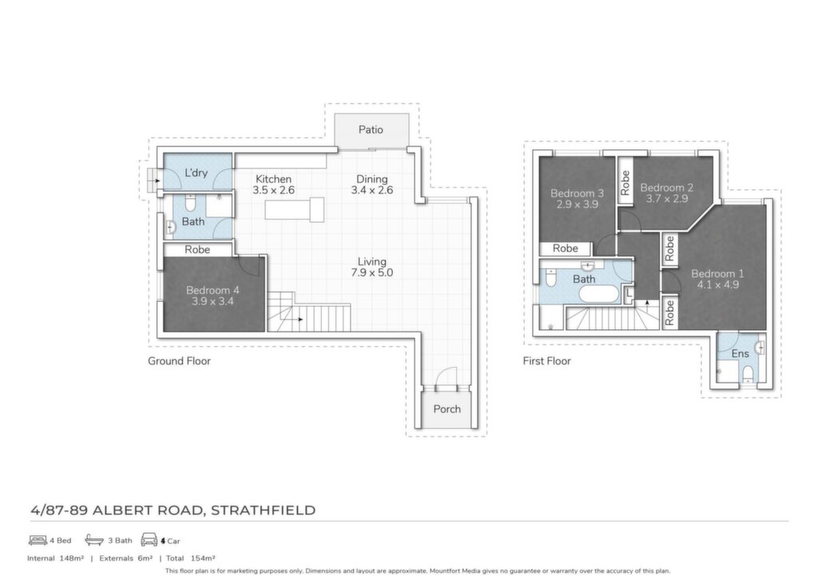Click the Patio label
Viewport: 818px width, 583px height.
pos(371,129)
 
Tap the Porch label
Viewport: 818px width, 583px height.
pos(447,409)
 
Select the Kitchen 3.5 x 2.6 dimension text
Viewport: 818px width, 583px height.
pos(273,190)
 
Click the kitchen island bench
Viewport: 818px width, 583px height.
pos(294,209)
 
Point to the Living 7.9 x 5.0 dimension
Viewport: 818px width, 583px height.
pos(372,272)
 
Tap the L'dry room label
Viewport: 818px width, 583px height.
pos(197,173)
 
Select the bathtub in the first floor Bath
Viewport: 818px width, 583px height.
pos(599,295)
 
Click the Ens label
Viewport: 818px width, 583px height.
pos(740,354)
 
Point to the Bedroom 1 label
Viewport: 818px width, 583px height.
pos(717,273)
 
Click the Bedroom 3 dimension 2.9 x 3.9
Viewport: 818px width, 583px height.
pos(577,204)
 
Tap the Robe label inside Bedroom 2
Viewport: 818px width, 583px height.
pos(625,183)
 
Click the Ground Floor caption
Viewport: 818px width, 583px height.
pos(179,361)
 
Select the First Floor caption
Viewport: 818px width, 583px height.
pos(546,361)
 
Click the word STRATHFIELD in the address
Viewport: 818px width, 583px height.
pos(263,510)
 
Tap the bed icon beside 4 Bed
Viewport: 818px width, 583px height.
pos(38,540)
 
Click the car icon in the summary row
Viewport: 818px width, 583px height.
pos(149,540)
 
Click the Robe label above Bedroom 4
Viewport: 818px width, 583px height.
pos(197,250)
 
